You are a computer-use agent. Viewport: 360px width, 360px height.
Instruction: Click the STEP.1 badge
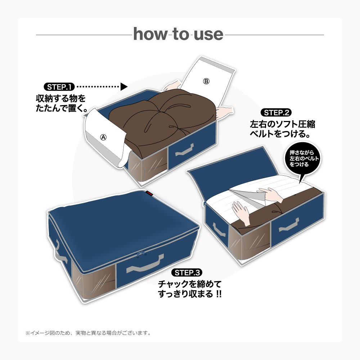(x=59, y=87)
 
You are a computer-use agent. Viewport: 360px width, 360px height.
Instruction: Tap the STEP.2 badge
(x=276, y=112)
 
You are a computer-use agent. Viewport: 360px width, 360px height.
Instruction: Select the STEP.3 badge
(x=186, y=273)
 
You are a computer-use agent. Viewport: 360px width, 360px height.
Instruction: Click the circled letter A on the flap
(x=104, y=137)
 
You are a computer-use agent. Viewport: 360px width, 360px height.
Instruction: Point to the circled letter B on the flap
(x=206, y=81)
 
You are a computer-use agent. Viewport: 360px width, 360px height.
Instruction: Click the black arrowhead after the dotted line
(x=124, y=86)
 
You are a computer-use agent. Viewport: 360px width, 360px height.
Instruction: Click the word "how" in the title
(x=150, y=34)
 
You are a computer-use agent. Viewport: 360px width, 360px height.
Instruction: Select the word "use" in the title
(x=208, y=35)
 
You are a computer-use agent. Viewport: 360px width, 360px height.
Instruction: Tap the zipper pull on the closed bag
(x=141, y=254)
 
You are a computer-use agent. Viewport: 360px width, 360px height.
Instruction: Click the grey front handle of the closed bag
(x=145, y=264)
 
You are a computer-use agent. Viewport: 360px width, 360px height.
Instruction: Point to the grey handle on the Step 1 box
(x=184, y=150)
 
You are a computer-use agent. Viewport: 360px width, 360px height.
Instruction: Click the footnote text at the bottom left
(x=88, y=333)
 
